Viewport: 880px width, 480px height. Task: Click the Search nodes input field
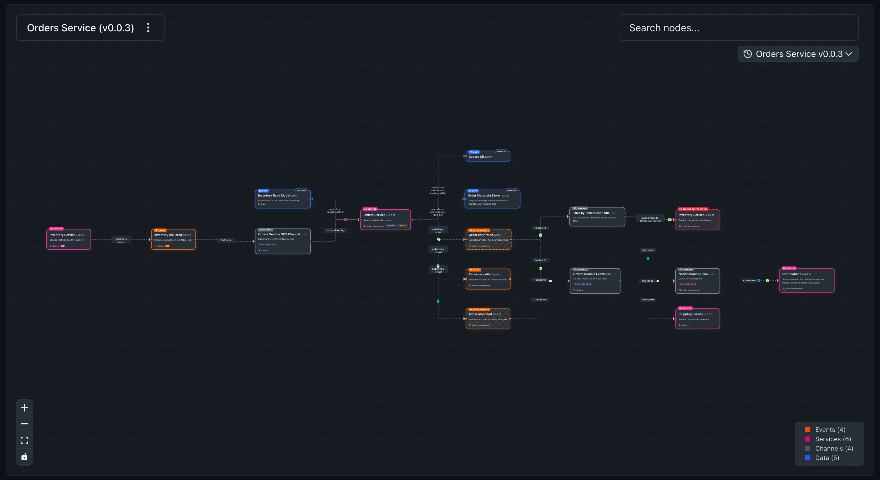pos(738,28)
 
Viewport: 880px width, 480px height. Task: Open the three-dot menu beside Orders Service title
pos(148,28)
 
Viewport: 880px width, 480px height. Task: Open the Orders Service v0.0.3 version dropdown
pos(798,54)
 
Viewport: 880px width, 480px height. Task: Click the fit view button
pos(24,440)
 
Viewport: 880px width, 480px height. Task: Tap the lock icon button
pos(24,457)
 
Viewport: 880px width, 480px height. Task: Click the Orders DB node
pos(488,156)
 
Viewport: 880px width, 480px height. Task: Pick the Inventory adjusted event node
pos(173,240)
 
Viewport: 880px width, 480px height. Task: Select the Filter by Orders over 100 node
pos(597,217)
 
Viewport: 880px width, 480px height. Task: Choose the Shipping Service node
pos(697,319)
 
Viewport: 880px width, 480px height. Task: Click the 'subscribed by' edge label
pos(335,230)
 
